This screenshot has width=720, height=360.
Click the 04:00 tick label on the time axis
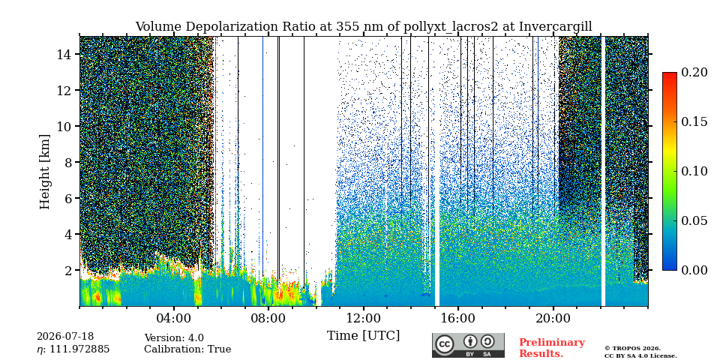[174, 318]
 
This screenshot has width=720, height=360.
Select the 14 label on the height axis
[67, 54]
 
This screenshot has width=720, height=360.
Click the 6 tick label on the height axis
[70, 198]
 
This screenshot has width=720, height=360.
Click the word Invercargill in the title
[556, 27]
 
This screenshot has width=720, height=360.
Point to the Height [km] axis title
[44, 172]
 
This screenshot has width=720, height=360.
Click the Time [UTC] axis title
[363, 335]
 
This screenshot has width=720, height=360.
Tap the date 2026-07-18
[65, 337]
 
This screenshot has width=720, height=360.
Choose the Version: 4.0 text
[174, 338]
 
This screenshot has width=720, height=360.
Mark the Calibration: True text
[187, 349]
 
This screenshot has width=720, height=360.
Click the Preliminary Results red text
[552, 348]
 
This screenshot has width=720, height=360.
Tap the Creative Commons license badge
[468, 345]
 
